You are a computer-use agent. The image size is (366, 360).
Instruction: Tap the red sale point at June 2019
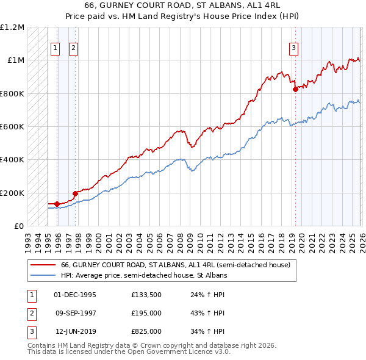[295, 89]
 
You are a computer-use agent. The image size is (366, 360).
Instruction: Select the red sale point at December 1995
[57, 204]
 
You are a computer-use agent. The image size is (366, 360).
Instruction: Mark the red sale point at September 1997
[75, 193]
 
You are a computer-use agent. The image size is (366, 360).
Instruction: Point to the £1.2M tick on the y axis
[12, 27]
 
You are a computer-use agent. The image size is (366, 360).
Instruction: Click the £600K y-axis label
[12, 126]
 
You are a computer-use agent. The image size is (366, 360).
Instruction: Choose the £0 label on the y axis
[18, 226]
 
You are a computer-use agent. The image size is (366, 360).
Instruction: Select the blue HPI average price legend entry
[144, 275]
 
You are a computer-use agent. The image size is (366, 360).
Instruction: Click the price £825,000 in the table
[146, 331]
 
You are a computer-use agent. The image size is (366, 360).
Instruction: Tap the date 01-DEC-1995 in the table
[75, 295]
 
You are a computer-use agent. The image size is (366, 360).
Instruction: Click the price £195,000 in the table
[146, 313]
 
